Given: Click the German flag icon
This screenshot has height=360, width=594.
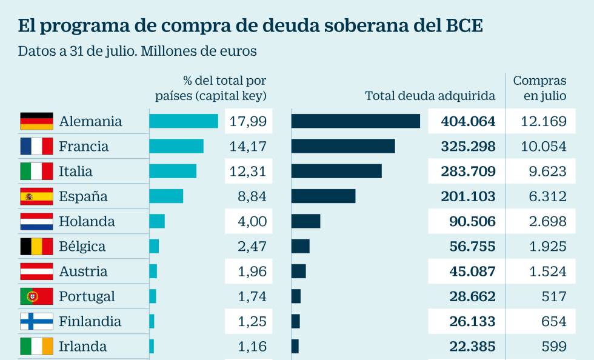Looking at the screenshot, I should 36,121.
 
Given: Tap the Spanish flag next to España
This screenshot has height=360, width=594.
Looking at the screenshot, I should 36,196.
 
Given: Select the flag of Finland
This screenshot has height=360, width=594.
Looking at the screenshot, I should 36,321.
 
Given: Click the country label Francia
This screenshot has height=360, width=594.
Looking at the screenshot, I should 84,147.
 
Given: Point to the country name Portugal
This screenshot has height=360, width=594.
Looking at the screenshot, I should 87,296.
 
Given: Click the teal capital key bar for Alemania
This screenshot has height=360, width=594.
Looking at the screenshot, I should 184,121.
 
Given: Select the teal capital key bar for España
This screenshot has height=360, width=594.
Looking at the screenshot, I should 166,196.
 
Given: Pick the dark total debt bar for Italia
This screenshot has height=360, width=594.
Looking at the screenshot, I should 336,172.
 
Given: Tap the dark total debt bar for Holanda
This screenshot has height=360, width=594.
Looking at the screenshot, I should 305,221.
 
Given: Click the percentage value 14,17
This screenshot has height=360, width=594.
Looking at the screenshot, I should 248,147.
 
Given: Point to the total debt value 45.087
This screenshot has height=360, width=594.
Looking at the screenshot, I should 472,272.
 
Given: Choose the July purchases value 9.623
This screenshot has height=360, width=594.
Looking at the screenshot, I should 547,172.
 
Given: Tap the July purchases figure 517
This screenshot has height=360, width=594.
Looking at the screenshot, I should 555,296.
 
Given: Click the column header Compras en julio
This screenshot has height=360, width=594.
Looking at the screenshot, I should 539,88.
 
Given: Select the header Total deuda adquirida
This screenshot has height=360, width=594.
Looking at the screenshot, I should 430,96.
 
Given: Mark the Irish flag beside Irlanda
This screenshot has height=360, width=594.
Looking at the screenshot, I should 36,346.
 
